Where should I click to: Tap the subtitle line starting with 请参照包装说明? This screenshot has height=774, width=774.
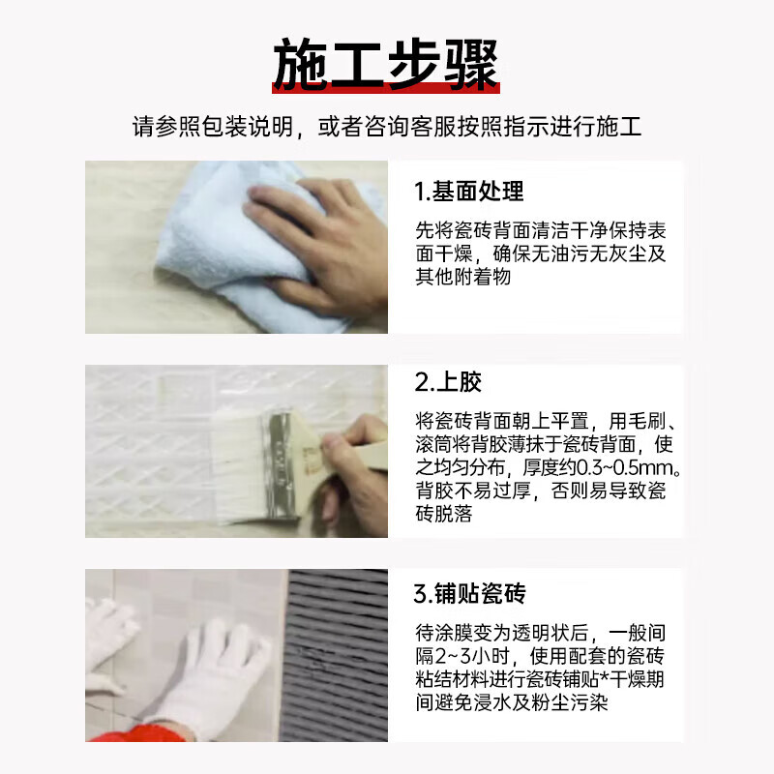[x=387, y=127]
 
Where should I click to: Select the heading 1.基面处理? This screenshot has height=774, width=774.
[x=469, y=192]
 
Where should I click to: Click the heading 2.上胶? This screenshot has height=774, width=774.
[x=448, y=382]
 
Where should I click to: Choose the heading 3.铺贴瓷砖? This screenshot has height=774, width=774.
[x=470, y=592]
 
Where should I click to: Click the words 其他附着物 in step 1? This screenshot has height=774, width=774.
[x=462, y=277]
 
